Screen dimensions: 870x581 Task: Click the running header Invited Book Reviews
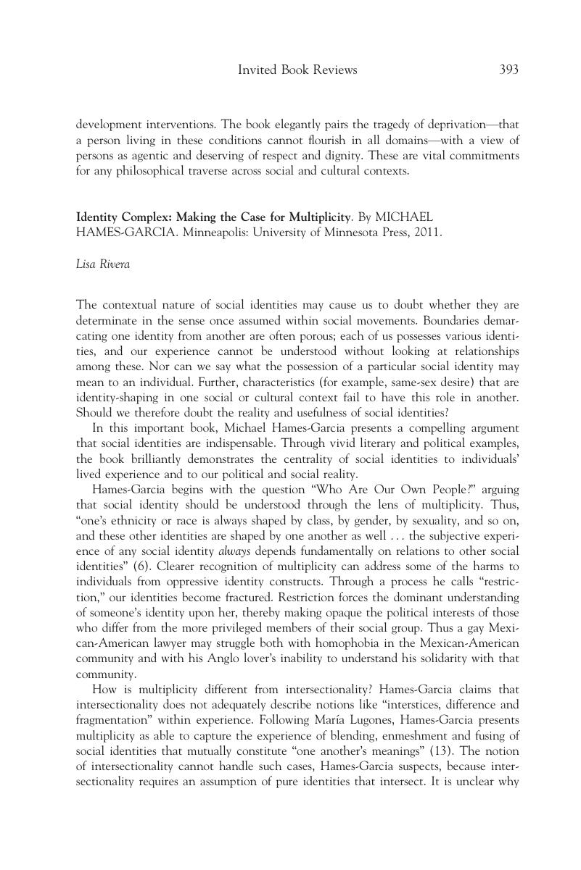pyautogui.click(x=297, y=70)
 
